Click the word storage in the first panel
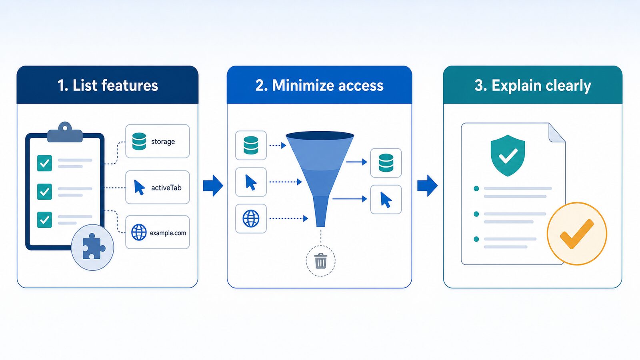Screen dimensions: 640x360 163,142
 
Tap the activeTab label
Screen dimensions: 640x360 166,188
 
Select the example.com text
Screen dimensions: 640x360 168,233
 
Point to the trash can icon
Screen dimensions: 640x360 320,261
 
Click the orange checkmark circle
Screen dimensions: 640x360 577,234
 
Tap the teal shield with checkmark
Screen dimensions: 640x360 508,156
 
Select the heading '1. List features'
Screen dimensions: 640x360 108,86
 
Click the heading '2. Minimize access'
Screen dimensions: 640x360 319,86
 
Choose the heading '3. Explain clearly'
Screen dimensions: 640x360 532,86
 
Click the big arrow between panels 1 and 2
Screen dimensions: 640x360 213,186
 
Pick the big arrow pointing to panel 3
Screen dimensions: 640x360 427,186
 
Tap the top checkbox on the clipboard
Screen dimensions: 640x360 44,163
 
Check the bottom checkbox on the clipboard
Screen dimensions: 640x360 44,220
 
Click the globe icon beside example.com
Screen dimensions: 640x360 139,232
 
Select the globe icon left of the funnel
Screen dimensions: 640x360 251,218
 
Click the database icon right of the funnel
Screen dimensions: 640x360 386,163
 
